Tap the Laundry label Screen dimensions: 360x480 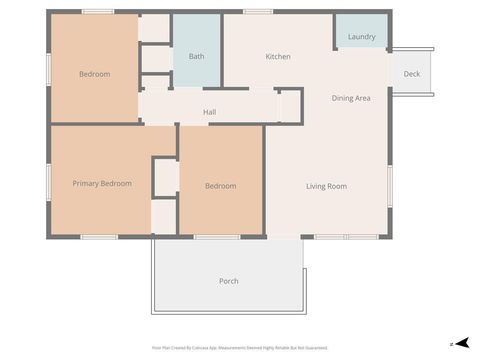(361, 37)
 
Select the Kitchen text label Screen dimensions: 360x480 (278, 57)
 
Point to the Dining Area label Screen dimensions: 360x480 (351, 98)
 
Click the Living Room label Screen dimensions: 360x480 (326, 186)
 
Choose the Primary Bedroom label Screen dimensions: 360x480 (102, 183)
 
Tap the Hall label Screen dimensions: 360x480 (210, 112)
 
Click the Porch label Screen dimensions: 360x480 (228, 281)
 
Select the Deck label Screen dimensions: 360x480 (411, 74)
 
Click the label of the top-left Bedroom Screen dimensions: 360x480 (94, 74)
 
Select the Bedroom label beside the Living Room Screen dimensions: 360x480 (220, 186)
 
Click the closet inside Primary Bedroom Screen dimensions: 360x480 (165, 177)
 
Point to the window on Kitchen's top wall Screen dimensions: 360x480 (258, 12)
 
